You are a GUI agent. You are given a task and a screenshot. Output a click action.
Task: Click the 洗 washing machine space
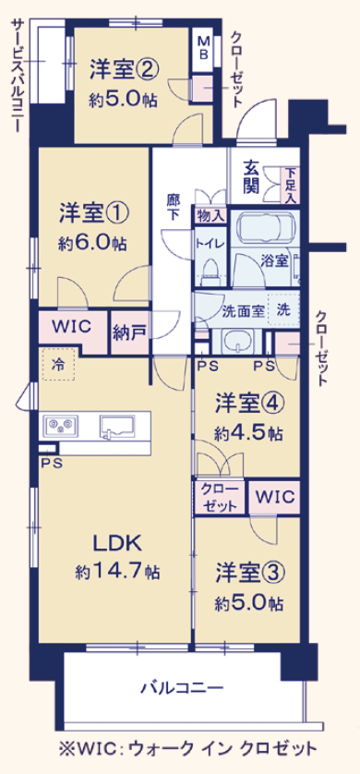tap(282, 309)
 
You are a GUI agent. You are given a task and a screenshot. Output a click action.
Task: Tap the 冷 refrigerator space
tap(59, 365)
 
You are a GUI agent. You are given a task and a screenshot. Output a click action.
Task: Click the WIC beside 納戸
tap(71, 327)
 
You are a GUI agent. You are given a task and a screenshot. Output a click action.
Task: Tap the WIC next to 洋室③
tap(275, 497)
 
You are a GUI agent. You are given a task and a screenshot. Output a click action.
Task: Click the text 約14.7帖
tap(117, 573)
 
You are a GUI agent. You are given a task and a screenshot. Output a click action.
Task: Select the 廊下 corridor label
tap(173, 208)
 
